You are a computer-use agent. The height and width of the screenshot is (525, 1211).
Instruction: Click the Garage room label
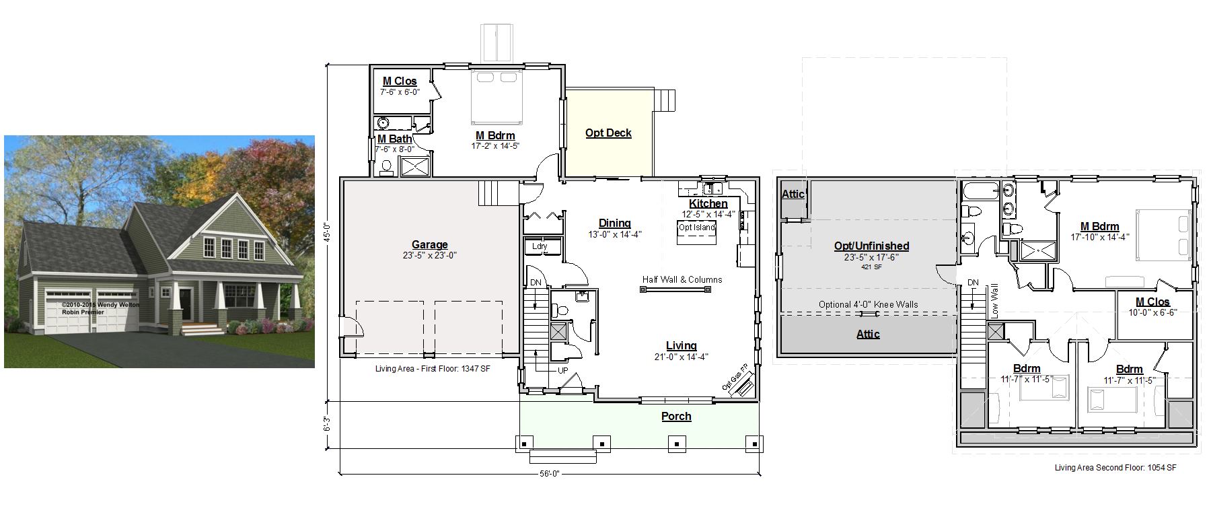(430, 245)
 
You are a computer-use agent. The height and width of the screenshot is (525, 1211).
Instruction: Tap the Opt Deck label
(608, 133)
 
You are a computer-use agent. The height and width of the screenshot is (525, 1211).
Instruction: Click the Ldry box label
(540, 246)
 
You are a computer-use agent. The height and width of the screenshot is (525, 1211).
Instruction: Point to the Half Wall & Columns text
(682, 279)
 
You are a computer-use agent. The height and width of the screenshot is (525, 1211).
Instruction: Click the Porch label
(676, 417)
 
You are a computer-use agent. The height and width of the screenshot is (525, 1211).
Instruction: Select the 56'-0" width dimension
(550, 473)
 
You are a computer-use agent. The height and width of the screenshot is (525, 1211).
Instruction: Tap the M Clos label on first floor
(400, 81)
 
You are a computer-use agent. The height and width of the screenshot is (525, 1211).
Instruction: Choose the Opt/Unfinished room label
(871, 246)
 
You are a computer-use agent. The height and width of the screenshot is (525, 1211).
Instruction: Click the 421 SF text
(871, 267)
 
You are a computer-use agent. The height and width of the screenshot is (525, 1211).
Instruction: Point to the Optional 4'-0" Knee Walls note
(869, 304)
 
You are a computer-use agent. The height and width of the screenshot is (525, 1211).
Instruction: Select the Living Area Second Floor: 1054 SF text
(1115, 468)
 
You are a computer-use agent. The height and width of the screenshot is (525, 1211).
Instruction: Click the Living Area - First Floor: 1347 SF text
(433, 369)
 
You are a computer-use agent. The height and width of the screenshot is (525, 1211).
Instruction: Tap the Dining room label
(615, 223)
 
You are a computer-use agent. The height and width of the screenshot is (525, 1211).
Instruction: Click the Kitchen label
(708, 204)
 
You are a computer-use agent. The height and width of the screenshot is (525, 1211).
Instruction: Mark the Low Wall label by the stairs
(994, 301)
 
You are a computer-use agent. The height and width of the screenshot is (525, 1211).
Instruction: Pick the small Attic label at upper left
(793, 194)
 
